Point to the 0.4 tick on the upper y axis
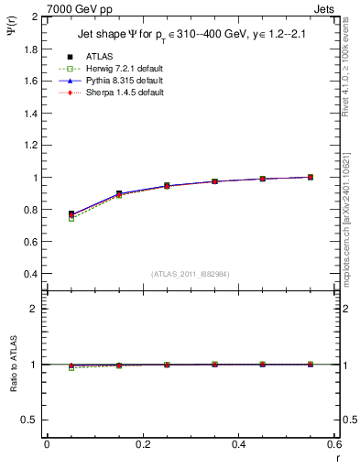click(32, 274)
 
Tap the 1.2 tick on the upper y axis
click(32, 146)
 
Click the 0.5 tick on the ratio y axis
click(32, 420)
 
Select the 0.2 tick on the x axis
click(143, 444)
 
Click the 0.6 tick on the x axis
click(334, 444)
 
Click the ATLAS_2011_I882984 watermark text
click(191, 274)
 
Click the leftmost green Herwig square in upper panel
click(71, 218)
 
